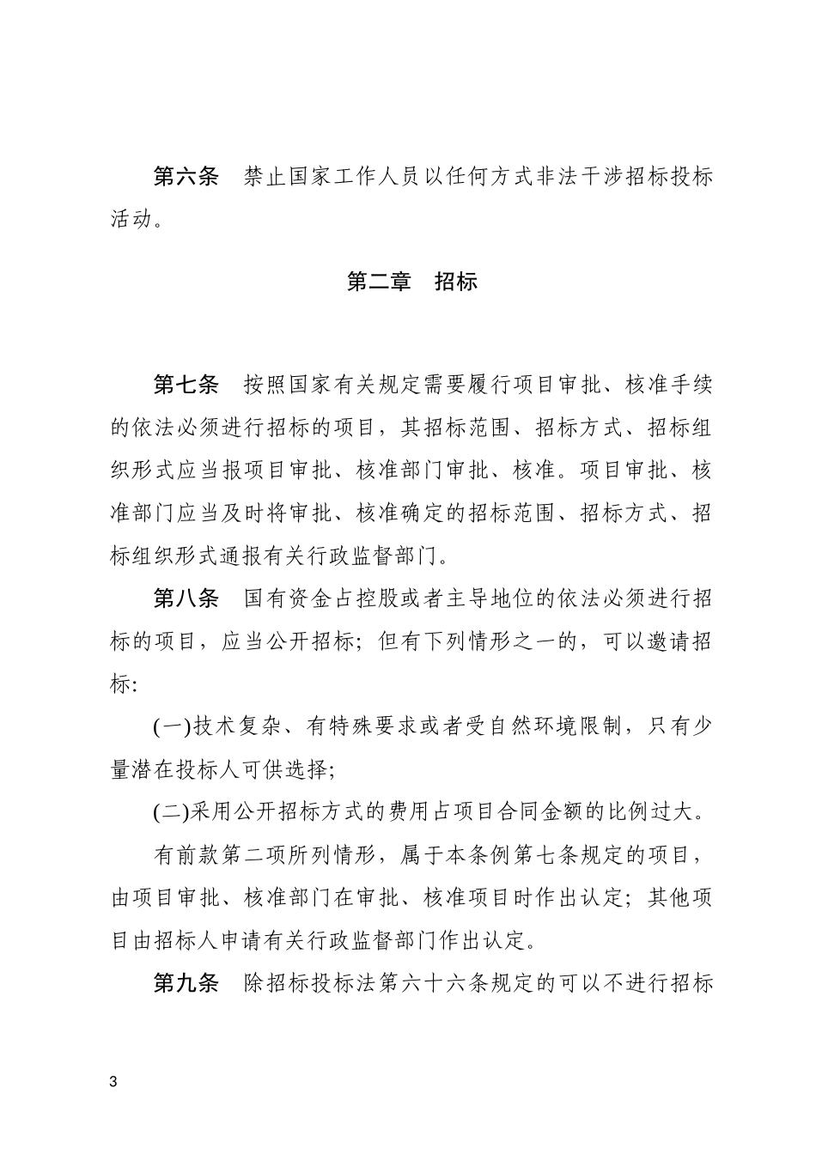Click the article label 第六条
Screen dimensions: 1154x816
coord(186,177)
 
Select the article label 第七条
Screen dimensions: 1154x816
coord(186,385)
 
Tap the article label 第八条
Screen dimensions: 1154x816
coord(186,598)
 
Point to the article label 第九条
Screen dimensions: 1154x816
coord(186,983)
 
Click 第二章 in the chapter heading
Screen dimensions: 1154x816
coord(379,282)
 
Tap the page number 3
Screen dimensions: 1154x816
coord(113,1081)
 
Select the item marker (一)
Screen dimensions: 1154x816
coord(172,726)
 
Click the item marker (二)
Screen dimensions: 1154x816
coord(172,811)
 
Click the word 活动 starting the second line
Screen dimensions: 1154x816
coord(132,220)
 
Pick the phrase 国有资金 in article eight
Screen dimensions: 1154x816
coord(288,598)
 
